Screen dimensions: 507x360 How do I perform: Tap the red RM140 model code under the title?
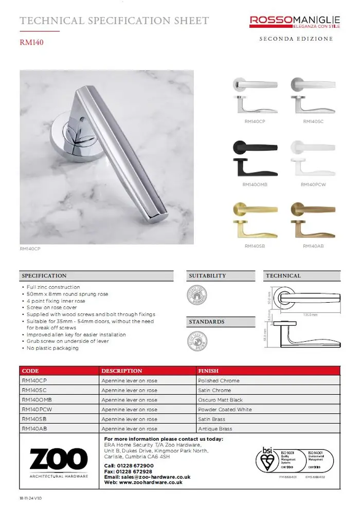31,43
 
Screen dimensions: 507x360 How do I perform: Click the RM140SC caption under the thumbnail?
313,121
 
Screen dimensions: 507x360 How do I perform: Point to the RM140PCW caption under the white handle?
313,184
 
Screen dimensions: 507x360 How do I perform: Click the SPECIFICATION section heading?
44,276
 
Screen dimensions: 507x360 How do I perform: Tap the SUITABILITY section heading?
207,276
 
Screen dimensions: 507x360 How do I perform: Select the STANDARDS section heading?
207,322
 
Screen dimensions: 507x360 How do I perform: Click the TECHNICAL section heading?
283,276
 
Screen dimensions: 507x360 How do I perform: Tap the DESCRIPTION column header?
122,371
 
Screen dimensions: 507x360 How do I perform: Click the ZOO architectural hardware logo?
58,461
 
